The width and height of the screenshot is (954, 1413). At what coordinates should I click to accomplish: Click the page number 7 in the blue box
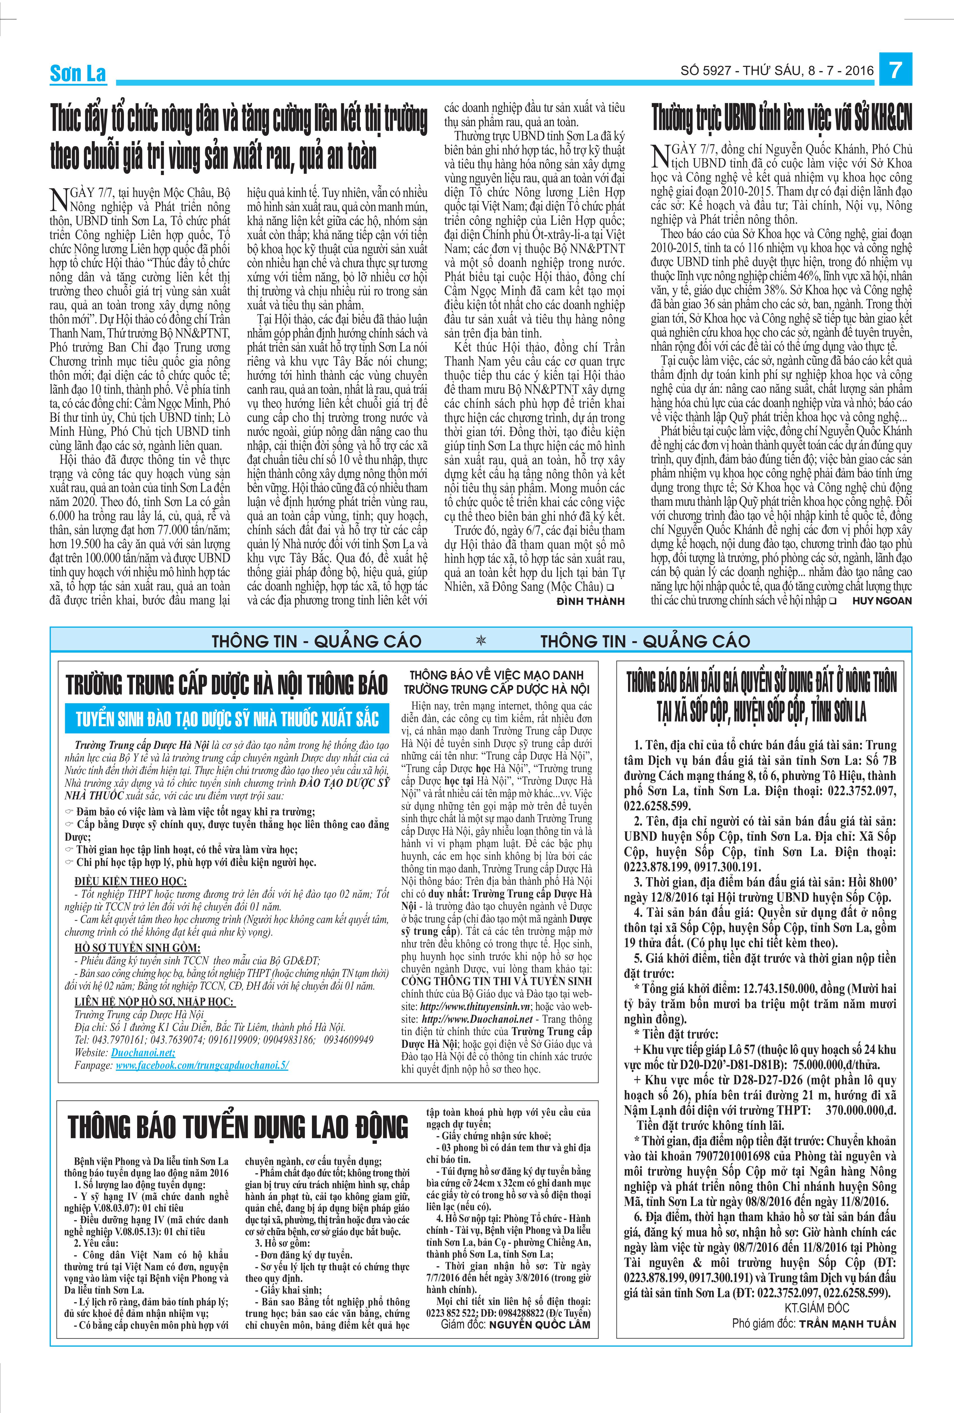click(x=895, y=71)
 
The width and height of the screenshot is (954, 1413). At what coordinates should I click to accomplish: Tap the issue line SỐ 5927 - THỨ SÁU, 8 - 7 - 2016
click(x=776, y=71)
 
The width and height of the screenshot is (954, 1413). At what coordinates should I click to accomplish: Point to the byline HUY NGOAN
click(x=882, y=601)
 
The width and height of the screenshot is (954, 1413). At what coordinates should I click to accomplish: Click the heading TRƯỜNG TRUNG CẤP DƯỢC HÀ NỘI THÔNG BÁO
click(x=227, y=685)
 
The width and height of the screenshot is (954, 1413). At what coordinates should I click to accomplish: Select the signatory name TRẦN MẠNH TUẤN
click(x=847, y=1341)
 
